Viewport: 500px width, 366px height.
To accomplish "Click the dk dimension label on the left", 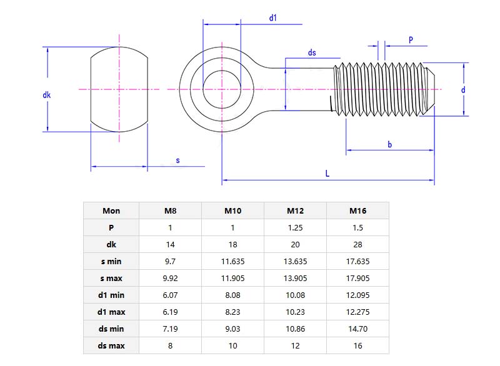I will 46,95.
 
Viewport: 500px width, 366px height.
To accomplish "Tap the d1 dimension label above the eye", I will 273,18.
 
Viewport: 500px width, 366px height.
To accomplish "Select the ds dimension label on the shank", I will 312,53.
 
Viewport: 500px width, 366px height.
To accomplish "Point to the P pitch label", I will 411,40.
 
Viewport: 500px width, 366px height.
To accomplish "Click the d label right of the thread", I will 463,90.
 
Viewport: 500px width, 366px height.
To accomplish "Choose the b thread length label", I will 389,145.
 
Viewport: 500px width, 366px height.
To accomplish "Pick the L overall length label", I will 327,174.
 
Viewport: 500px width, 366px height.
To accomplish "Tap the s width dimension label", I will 177,161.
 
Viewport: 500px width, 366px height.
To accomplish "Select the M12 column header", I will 295,210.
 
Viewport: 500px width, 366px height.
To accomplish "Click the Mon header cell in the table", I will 111,210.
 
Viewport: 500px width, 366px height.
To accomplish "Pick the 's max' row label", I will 111,278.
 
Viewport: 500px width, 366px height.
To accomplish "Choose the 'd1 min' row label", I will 111,295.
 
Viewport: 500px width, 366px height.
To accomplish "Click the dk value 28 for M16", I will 357,244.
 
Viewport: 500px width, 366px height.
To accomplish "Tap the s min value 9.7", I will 170,261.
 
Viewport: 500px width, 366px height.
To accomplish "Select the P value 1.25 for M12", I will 295,227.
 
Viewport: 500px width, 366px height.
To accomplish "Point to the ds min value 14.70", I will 357,329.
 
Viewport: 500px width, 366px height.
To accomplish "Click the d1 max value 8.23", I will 232,312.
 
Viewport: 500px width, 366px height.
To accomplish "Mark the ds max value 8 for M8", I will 170,345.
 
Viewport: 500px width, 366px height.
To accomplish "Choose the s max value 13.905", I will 295,278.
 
